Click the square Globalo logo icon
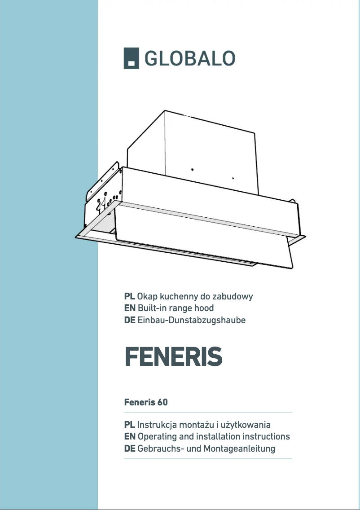132,58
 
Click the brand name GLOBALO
190,58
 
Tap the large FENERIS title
173,357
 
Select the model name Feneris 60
146,402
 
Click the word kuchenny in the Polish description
174,296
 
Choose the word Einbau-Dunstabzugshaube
192,320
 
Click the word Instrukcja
157,425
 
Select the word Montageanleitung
239,448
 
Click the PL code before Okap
129,296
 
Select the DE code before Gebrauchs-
130,448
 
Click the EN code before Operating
130,436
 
